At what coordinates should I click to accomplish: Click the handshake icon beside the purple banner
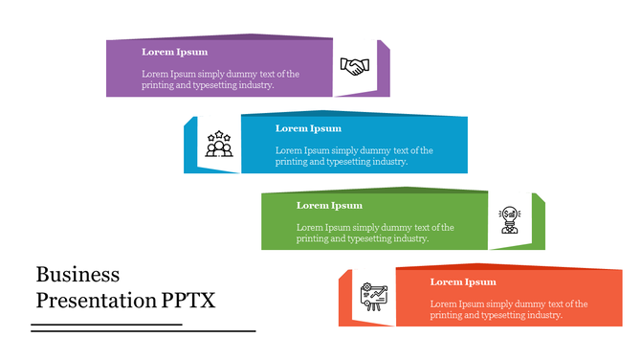[x=355, y=66]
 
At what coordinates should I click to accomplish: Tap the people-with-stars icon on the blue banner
[x=219, y=144]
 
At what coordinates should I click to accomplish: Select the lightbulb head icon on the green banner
[x=509, y=219]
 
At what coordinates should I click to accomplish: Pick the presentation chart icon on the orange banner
[x=372, y=296]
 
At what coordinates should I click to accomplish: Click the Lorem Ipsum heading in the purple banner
[x=174, y=52]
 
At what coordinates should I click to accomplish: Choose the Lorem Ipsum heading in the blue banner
[x=308, y=128]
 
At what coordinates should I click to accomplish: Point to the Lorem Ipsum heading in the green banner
[x=329, y=205]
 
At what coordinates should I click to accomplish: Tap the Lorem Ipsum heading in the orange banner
[x=463, y=281]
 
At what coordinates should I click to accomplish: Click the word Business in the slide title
[x=77, y=274]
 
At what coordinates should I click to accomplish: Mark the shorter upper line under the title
[x=106, y=325]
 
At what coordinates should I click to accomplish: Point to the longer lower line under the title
[x=144, y=330]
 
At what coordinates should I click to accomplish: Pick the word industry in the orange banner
[x=539, y=315]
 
